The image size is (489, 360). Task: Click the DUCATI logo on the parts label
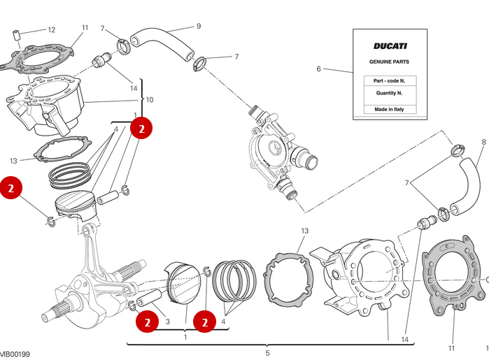coord(390,46)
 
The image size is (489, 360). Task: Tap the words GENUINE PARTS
coord(390,62)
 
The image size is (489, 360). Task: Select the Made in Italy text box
coord(390,109)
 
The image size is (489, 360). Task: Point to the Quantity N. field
coord(390,92)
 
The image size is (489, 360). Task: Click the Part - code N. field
coord(390,80)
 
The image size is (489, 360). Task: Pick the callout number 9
coord(198,27)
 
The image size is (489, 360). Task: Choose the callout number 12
coord(51,30)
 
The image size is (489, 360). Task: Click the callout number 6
coord(319,69)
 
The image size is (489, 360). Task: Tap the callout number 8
coord(483,143)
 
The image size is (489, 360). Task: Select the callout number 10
coord(149,100)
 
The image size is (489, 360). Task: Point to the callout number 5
coord(267,353)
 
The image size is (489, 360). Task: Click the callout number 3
coord(167,322)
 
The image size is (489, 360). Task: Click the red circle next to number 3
coord(147,322)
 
